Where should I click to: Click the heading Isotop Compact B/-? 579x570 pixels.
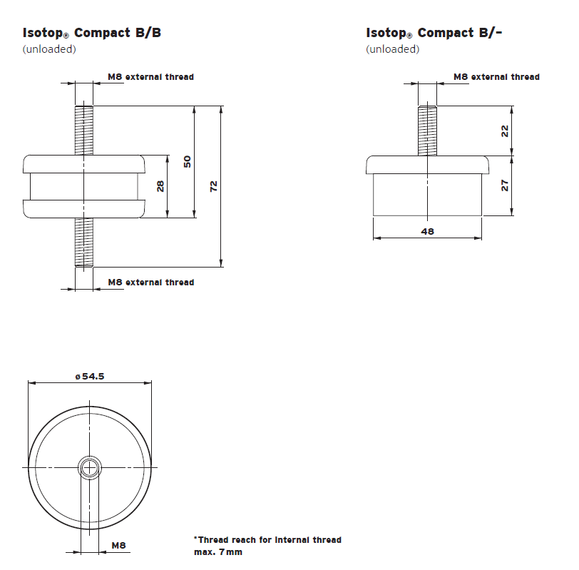coord(434,33)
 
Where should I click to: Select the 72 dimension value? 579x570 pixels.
coord(212,186)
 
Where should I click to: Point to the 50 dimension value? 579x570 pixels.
coord(187,162)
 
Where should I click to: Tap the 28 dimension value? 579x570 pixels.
coord(160,186)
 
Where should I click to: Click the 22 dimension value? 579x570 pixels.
coord(504,131)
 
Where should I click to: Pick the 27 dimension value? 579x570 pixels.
coord(504,185)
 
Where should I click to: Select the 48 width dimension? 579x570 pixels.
coord(428,231)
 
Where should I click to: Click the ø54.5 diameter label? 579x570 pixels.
coord(90,377)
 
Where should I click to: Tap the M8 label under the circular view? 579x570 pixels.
coord(118,546)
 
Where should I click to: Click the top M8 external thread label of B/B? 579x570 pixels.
coord(150,77)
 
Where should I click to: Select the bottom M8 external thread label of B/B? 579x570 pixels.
coord(150,283)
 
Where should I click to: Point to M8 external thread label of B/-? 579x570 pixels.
coord(496,77)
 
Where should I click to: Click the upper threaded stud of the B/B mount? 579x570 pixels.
coord(84,128)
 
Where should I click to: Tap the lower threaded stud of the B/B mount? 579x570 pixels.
coord(84,243)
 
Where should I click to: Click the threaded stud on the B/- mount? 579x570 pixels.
coord(428,130)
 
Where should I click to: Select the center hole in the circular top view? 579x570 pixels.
coord(89,467)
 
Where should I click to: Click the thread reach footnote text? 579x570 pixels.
coord(267,546)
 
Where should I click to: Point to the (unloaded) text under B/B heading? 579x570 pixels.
coord(49,49)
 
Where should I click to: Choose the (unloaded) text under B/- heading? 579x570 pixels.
coord(392,49)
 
